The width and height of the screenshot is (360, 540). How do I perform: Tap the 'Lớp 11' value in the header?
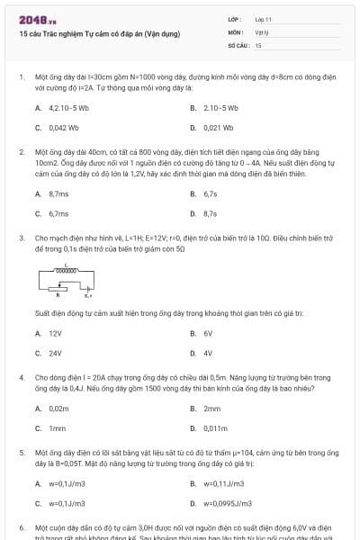pyautogui.click(x=263, y=19)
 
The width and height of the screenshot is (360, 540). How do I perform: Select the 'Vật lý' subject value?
pyautogui.click(x=262, y=31)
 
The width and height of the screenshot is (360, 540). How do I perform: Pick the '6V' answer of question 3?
pyautogui.click(x=208, y=333)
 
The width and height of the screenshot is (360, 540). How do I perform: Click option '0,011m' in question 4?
pyautogui.click(x=216, y=428)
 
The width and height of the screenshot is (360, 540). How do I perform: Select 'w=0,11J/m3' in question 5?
pyautogui.click(x=224, y=483)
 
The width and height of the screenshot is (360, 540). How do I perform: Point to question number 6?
pyautogui.click(x=22, y=526)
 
